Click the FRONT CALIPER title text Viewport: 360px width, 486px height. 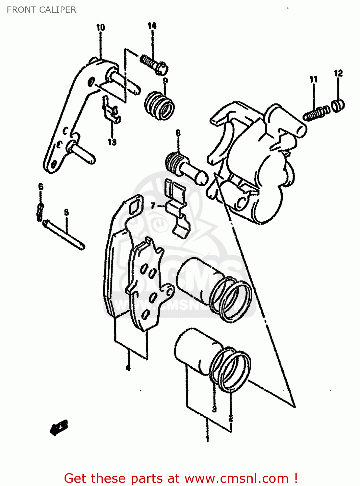coord(42,10)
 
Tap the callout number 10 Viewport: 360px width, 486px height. coord(101,28)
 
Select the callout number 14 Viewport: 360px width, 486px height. coord(152,26)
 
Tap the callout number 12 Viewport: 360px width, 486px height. coord(338,73)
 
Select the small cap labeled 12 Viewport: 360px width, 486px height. coord(338,106)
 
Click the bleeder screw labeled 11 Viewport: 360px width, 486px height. coord(316,113)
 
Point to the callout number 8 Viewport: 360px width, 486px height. coord(178,133)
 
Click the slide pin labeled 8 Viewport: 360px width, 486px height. coord(187,168)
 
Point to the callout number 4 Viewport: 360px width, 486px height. coord(128,368)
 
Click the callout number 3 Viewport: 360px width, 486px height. coord(214,409)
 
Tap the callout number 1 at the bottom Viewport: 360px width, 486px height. coord(207,439)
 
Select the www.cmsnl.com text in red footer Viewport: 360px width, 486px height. coord(237,478)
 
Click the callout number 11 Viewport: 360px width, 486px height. coord(313,79)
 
